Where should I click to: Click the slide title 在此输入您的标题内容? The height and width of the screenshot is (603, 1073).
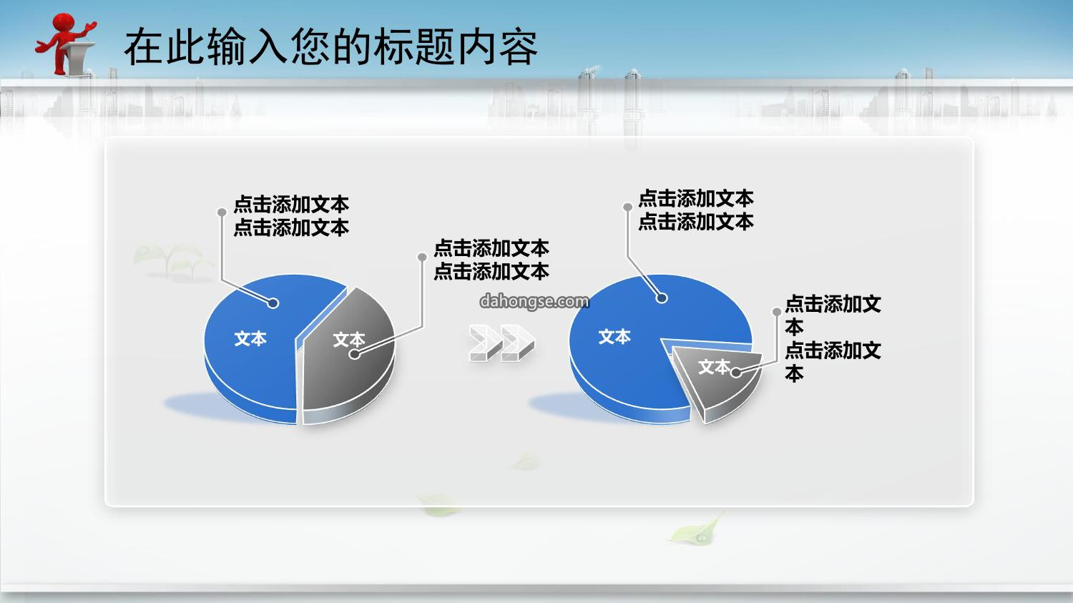coord(331,47)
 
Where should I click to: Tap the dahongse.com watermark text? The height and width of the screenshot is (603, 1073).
coord(534,302)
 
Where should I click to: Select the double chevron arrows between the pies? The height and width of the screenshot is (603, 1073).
coord(501,343)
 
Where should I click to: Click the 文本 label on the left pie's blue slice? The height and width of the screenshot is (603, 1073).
coord(250,338)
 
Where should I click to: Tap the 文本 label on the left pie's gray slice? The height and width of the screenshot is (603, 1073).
coord(349,340)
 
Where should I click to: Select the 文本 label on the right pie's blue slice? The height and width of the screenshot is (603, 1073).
coord(614,337)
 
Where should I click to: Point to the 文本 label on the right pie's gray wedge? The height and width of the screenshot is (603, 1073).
coord(714,367)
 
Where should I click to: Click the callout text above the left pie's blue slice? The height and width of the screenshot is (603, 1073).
coord(291,216)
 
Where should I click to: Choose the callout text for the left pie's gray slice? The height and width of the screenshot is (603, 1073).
coord(491,260)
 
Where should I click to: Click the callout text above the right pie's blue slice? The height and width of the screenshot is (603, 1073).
coord(696,210)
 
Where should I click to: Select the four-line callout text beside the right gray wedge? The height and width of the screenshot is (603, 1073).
coord(833,338)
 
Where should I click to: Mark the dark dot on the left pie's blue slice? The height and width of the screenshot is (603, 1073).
coord(273,303)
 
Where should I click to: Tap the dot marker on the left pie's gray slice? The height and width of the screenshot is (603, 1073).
coord(355,354)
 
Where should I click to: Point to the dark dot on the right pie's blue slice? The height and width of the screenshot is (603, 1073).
coord(662,298)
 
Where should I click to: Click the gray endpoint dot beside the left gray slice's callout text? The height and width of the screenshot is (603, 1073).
coord(422,258)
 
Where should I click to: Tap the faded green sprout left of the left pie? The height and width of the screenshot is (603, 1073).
coord(172,262)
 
